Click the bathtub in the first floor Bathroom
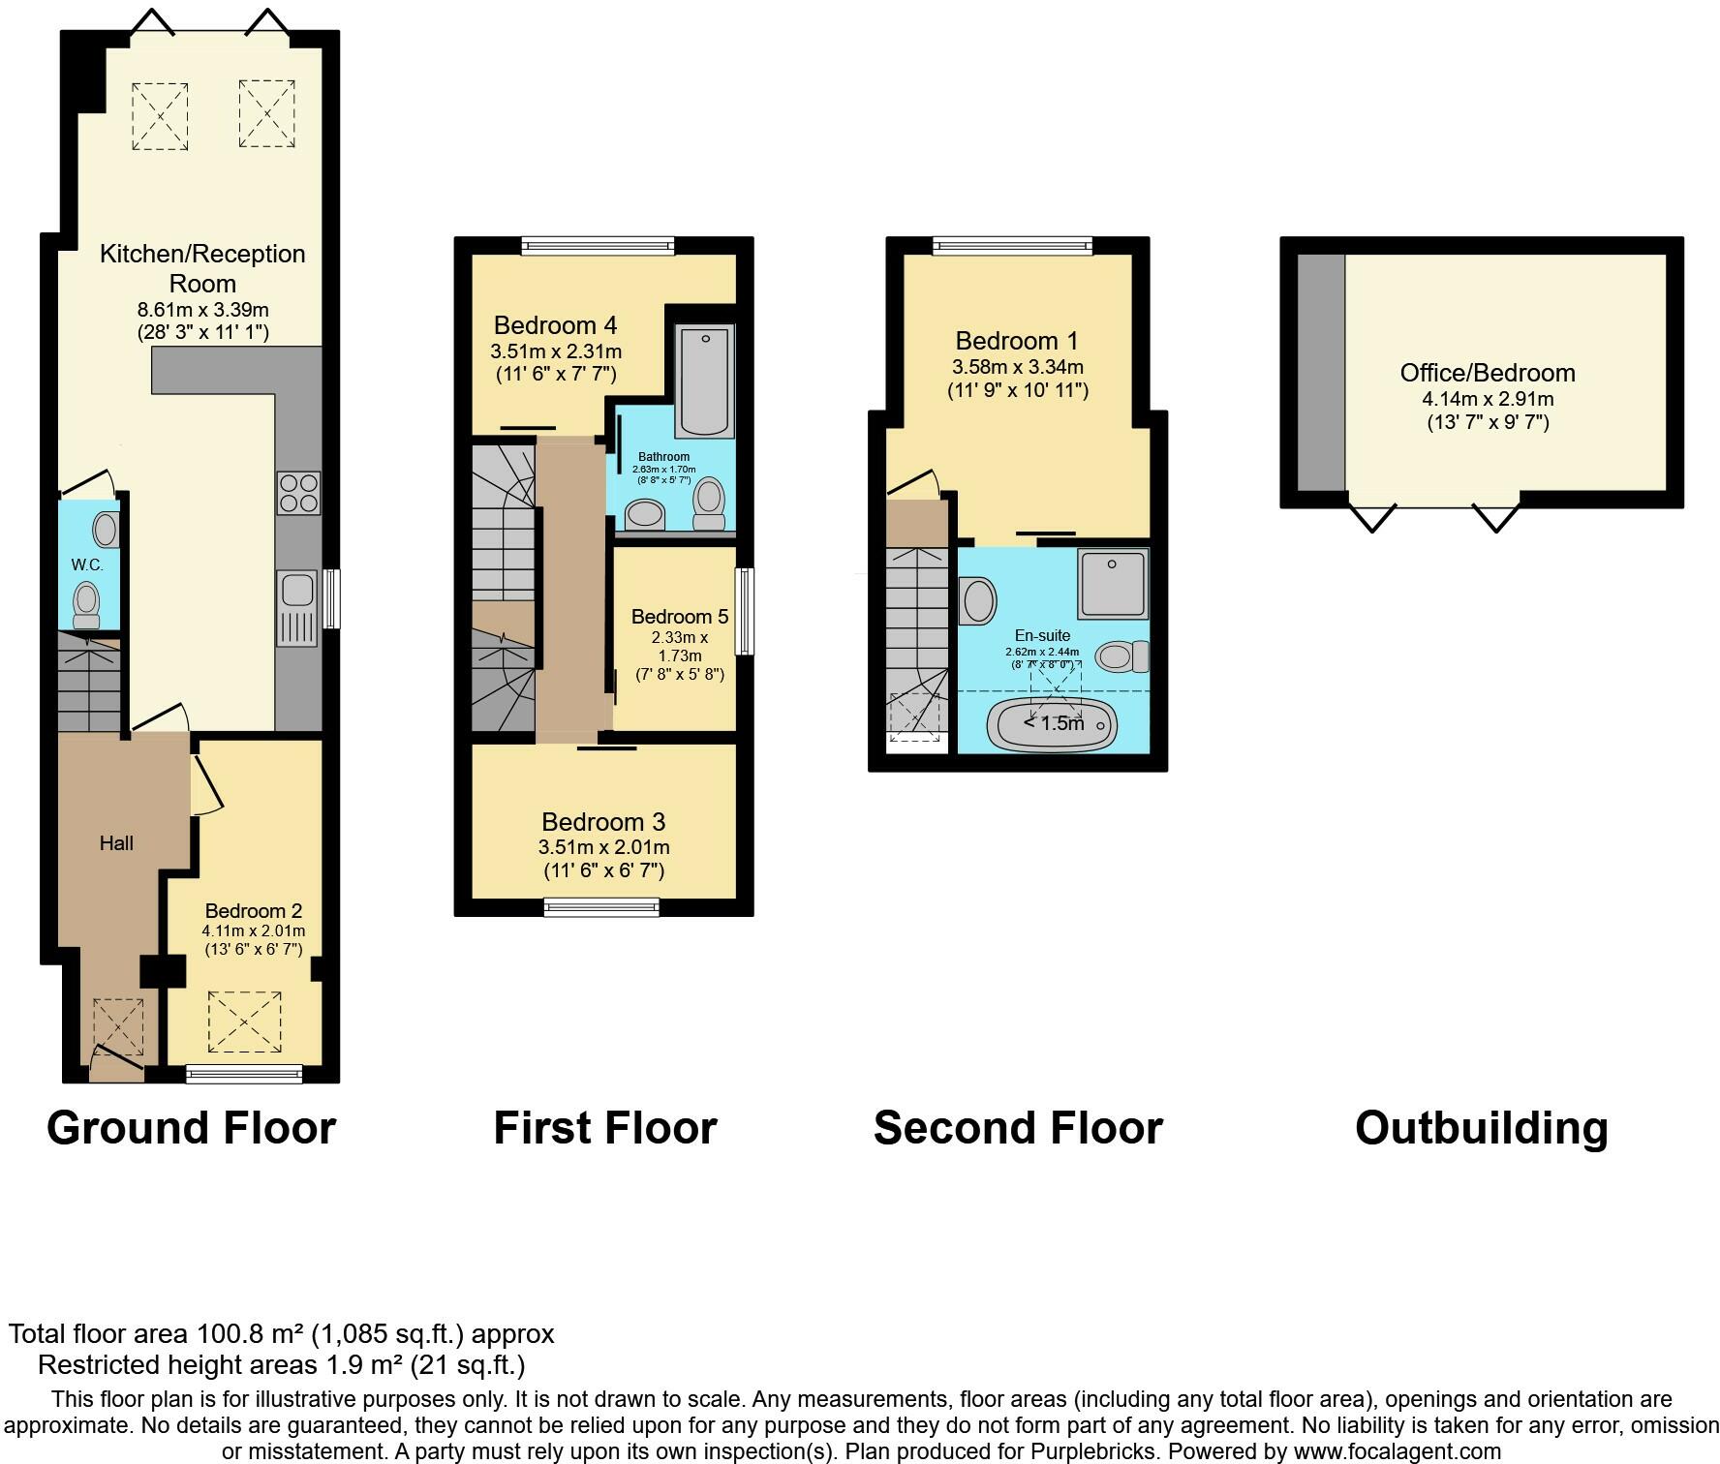pyautogui.click(x=705, y=380)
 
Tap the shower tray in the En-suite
pyautogui.click(x=1113, y=583)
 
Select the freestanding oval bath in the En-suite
pyautogui.click(x=1052, y=723)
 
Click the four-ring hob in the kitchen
pyautogui.click(x=298, y=492)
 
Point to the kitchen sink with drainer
pyautogui.click(x=298, y=608)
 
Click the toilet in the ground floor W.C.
pyautogui.click(x=86, y=605)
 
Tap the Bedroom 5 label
pyautogui.click(x=680, y=617)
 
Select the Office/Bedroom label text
pyautogui.click(x=1488, y=373)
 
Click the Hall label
pyautogui.click(x=116, y=843)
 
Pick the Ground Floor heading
pyautogui.click(x=192, y=1128)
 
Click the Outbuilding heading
pyautogui.click(x=1482, y=1128)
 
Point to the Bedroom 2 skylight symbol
pyautogui.click(x=245, y=1022)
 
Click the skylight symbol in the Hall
pyautogui.click(x=118, y=1027)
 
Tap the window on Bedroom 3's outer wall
pyautogui.click(x=601, y=907)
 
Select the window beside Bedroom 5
pyautogui.click(x=746, y=611)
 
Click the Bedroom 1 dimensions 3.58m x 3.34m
pyautogui.click(x=1018, y=367)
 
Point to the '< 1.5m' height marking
pyautogui.click(x=1054, y=723)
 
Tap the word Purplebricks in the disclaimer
pyautogui.click(x=1100, y=1451)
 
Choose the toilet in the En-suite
pyautogui.click(x=1122, y=656)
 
